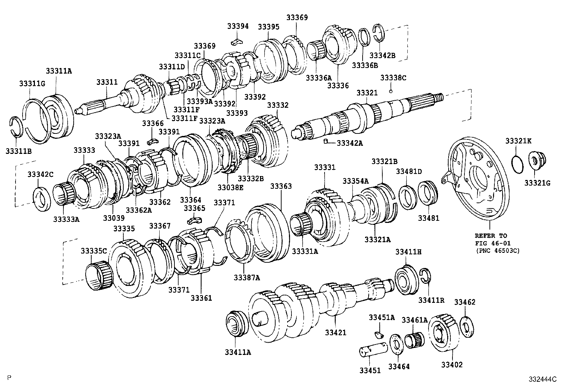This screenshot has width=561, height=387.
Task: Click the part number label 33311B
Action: [x=19, y=151]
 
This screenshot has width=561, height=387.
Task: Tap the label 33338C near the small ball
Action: [x=393, y=78]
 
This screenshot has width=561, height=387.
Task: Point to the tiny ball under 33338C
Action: [x=391, y=92]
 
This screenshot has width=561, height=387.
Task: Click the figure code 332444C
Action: [x=542, y=380]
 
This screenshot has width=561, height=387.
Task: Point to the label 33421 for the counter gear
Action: [x=335, y=332]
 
